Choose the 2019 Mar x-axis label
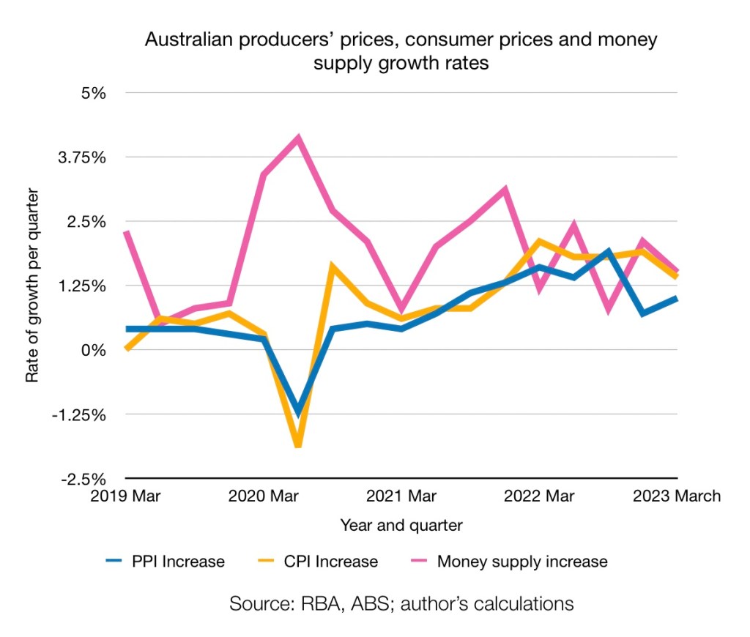(125, 496)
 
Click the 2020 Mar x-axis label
(263, 496)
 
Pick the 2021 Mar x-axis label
(401, 496)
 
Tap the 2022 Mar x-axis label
(539, 496)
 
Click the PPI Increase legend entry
(165, 562)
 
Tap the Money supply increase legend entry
(505, 562)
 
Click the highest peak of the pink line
(298, 138)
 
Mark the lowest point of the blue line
(298, 412)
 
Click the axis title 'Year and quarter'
(401, 525)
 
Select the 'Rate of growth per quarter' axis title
(32, 286)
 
